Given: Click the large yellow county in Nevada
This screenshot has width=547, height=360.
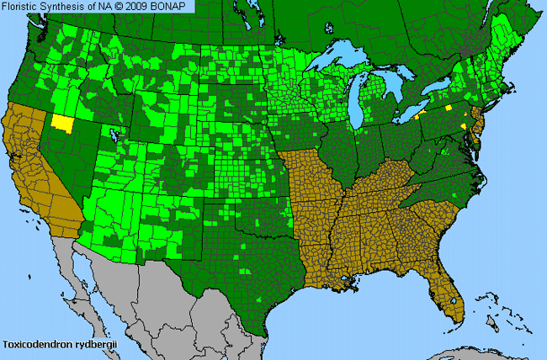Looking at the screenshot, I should coord(62,120).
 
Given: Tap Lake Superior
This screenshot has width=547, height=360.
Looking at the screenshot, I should coord(337,61).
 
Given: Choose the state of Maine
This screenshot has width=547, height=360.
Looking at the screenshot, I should coord(518,34).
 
